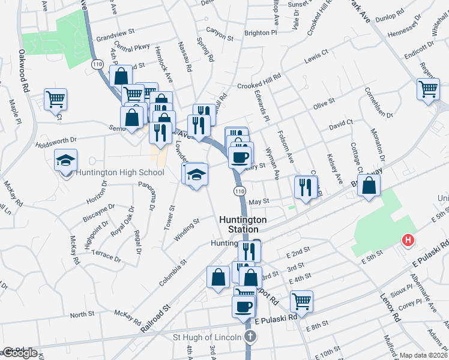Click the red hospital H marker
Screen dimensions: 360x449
point(408,241)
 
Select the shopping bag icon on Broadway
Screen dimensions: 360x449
point(369,185)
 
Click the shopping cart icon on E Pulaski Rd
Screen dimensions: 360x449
point(301,301)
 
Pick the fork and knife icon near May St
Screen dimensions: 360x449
point(306,187)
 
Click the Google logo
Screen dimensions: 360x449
point(19,353)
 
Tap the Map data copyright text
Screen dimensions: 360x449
point(423,355)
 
